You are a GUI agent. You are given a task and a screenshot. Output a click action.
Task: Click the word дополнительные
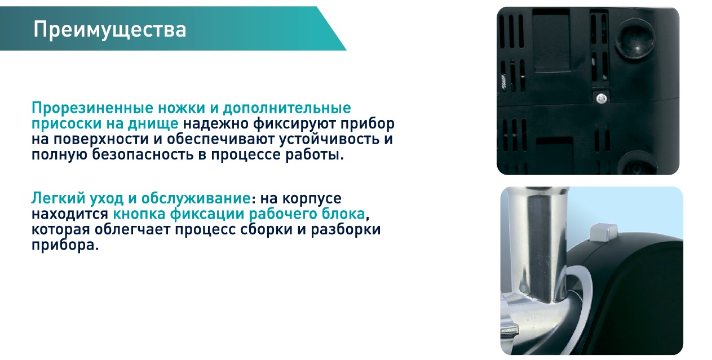pos(287,109)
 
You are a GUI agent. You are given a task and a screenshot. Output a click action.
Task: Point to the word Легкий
pos(58,198)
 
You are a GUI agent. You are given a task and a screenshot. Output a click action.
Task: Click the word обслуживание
pos(196,198)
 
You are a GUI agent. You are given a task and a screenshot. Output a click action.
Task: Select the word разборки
pos(346,230)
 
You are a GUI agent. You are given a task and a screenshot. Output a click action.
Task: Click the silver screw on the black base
pos(602,99)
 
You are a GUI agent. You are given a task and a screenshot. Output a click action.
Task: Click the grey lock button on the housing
pos(603,233)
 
